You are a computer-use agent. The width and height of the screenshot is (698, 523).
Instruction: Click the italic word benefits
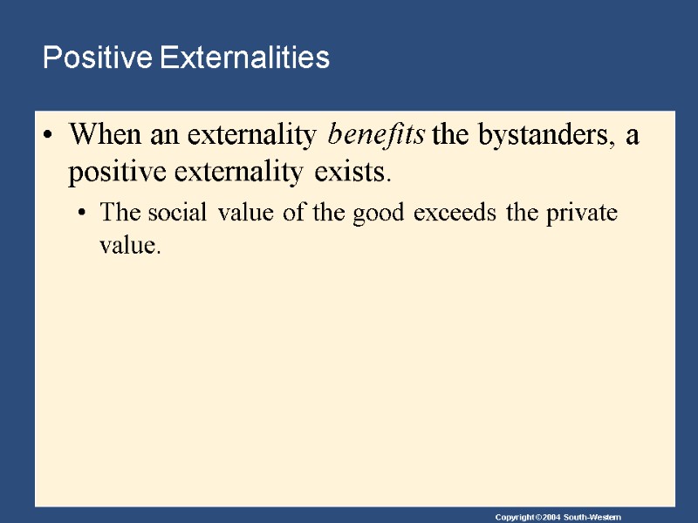[376, 135]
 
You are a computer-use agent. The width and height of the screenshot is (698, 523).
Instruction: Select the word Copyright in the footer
[512, 518]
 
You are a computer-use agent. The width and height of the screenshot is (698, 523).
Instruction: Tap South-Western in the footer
[592, 518]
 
